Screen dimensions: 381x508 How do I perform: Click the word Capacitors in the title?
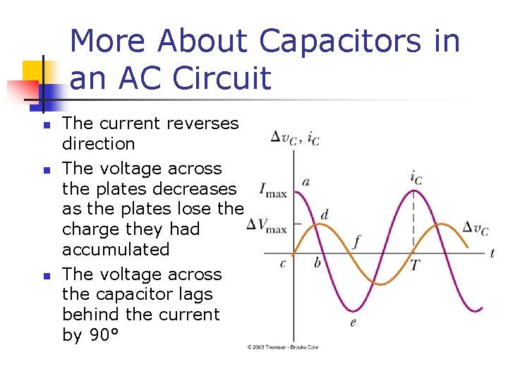[341, 41]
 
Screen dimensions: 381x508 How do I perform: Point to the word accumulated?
[116, 249]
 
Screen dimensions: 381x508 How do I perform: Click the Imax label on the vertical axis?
[274, 190]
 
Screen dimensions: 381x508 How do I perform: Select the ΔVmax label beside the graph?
[267, 226]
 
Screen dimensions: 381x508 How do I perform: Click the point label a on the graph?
[306, 182]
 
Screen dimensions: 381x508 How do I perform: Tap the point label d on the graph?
[324, 214]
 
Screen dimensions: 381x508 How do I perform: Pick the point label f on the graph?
[356, 242]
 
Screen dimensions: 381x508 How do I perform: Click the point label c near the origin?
[283, 263]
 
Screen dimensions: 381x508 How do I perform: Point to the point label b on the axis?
[317, 263]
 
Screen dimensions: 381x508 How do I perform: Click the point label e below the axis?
[353, 322]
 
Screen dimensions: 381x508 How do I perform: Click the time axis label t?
[492, 253]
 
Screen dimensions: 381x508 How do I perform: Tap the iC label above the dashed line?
[416, 177]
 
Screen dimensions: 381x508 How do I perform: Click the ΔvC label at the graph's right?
[475, 227]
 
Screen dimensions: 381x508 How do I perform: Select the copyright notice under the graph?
[282, 347]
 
